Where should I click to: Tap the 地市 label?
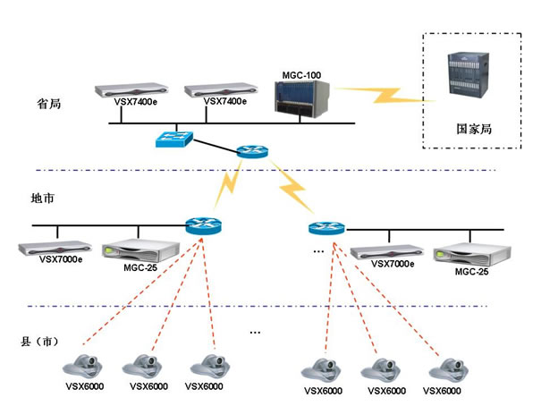[x=44, y=198]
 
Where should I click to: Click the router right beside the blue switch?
[x=251, y=152]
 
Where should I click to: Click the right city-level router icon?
[x=325, y=229]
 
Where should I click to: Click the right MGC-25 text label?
[x=470, y=270]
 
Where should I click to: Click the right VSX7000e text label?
[x=393, y=264]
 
